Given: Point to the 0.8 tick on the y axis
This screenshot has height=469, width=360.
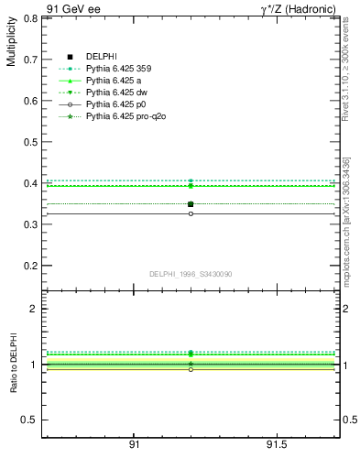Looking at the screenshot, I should point(28,17).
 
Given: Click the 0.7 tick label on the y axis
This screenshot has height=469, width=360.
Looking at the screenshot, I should point(28,59).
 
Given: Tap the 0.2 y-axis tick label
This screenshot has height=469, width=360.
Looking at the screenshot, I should point(28,266).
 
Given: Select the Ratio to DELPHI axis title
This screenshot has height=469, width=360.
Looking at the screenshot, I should point(14,363).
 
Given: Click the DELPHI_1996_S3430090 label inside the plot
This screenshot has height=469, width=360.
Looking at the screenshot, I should point(190,274).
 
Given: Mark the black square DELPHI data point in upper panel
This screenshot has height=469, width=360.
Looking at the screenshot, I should point(191,204).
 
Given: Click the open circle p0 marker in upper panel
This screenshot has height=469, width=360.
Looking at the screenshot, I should point(191,214).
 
